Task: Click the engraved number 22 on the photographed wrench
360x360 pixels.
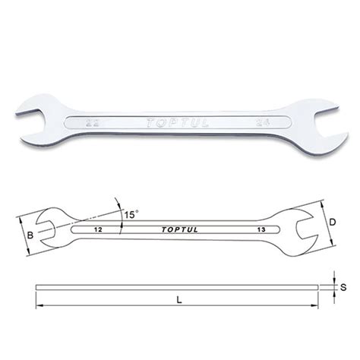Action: tap(90, 121)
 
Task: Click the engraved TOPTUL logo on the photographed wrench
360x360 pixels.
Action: tap(175, 120)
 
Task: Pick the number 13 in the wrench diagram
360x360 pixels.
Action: tap(261, 228)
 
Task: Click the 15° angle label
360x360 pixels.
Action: tap(131, 214)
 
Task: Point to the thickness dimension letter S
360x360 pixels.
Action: tap(343, 287)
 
